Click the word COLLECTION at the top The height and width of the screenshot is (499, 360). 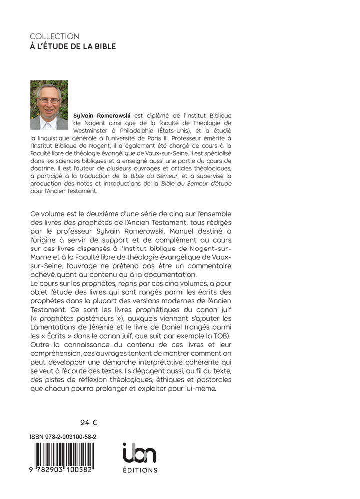pyautogui.click(x=54, y=36)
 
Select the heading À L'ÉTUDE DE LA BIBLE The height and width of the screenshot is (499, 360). pyautogui.click(x=73, y=47)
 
